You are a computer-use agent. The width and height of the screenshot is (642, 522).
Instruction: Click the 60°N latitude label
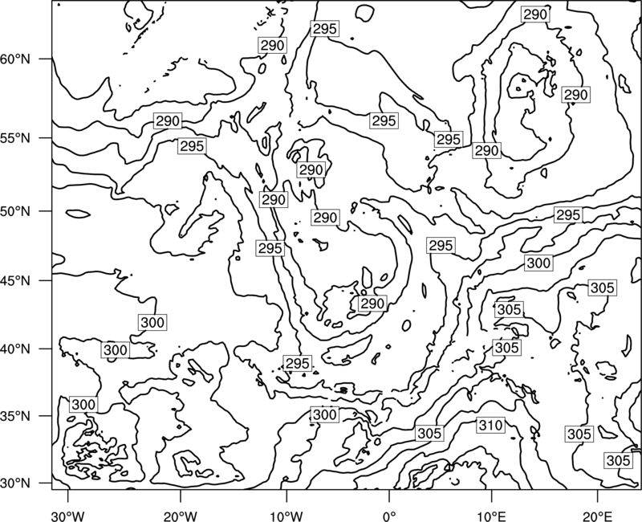click(15, 59)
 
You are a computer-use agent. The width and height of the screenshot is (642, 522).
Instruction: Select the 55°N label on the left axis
click(15, 138)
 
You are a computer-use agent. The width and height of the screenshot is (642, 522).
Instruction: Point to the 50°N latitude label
click(15, 211)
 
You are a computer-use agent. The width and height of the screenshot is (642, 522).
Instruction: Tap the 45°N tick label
click(15, 280)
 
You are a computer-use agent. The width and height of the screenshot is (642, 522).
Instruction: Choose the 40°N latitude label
click(15, 349)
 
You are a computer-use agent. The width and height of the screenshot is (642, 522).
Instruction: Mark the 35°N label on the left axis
click(15, 416)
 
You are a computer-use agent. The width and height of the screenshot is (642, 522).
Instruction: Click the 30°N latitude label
click(15, 483)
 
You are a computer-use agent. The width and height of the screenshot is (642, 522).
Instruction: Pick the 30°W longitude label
click(68, 516)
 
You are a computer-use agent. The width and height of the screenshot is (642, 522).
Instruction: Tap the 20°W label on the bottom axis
click(181, 516)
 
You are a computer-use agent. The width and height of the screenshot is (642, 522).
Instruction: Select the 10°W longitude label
click(286, 516)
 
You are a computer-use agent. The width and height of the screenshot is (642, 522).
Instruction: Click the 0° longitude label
click(389, 516)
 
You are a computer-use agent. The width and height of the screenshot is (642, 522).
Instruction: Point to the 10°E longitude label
click(492, 516)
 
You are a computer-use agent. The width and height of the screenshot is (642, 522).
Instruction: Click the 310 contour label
click(490, 426)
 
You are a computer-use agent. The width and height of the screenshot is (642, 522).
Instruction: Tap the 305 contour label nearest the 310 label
click(429, 433)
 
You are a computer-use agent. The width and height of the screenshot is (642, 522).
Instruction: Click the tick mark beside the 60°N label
click(46, 59)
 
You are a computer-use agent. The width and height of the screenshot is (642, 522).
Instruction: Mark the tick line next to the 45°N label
click(46, 280)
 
